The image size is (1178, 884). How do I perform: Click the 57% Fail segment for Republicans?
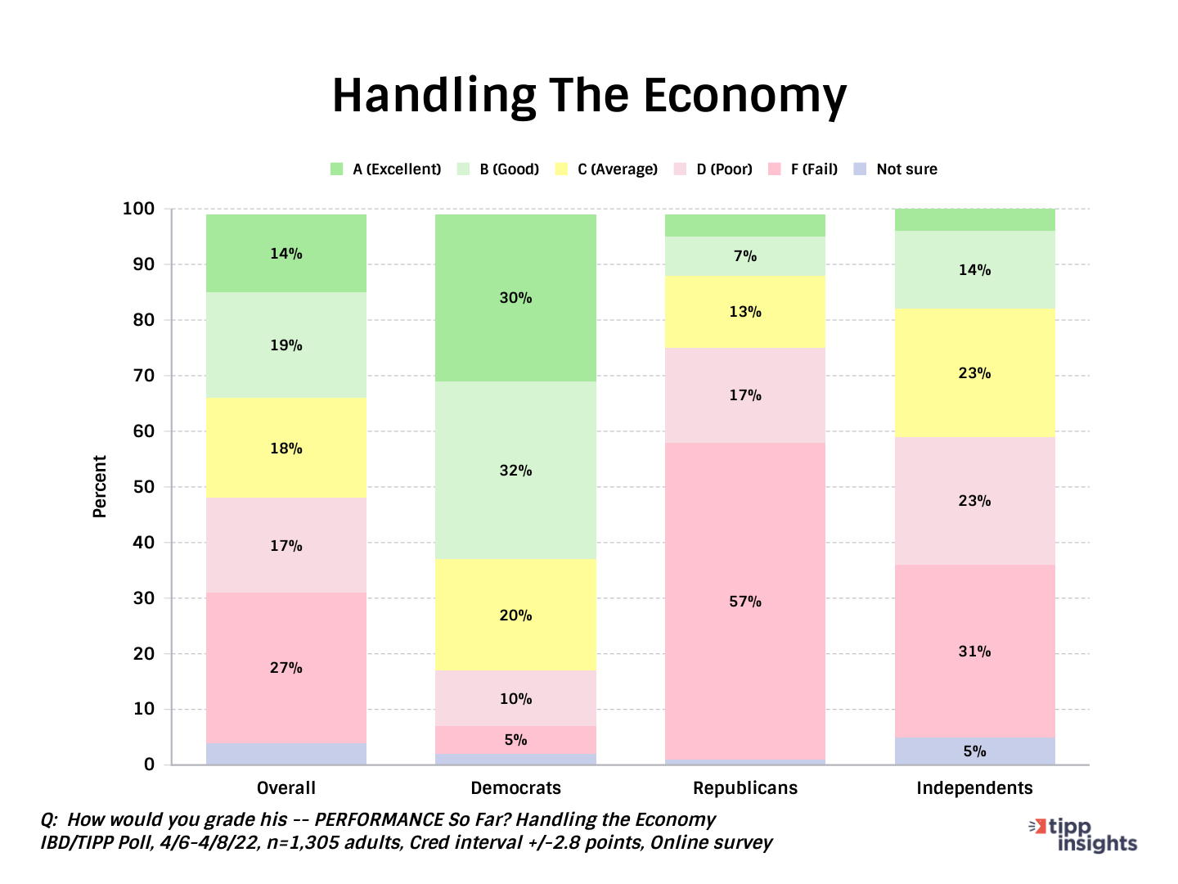point(744,601)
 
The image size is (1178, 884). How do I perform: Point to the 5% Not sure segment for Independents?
point(974,751)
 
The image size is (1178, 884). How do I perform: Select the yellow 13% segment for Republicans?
point(744,312)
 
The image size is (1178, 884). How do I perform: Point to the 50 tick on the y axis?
point(144,487)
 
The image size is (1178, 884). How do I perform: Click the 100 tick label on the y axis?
point(138,209)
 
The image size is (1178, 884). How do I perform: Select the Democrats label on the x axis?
point(515,788)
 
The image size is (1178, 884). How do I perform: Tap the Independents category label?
point(974,788)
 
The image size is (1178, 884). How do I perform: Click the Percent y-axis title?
point(100,486)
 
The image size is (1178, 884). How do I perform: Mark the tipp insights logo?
point(1084,834)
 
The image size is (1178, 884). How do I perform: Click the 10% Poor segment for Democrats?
point(515,698)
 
